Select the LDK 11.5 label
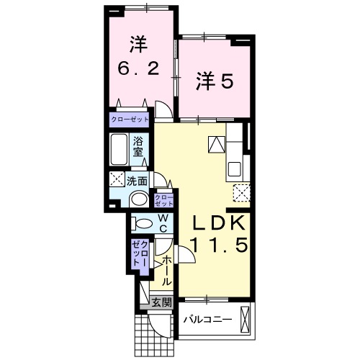pyautogui.click(x=219, y=234)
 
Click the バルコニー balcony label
pyautogui.click(x=208, y=320)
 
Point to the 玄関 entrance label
pyautogui.click(x=163, y=302)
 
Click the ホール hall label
pyautogui.click(x=166, y=271)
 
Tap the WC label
pyautogui.click(x=163, y=224)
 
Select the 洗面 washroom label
pyautogui.click(x=137, y=181)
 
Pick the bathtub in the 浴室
pyautogui.click(x=119, y=149)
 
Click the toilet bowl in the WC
pyautogui.click(x=142, y=224)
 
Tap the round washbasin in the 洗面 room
pyautogui.click(x=139, y=199)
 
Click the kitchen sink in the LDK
pyautogui.click(x=235, y=169)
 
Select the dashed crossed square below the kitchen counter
pyautogui.click(x=242, y=193)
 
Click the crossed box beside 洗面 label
pyautogui.click(x=117, y=179)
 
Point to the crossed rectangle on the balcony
pyautogui.click(x=245, y=320)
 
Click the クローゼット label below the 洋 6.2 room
pyautogui.click(x=130, y=120)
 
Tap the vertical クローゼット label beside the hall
pyautogui.click(x=140, y=253)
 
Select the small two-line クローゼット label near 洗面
pyautogui.click(x=164, y=201)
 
